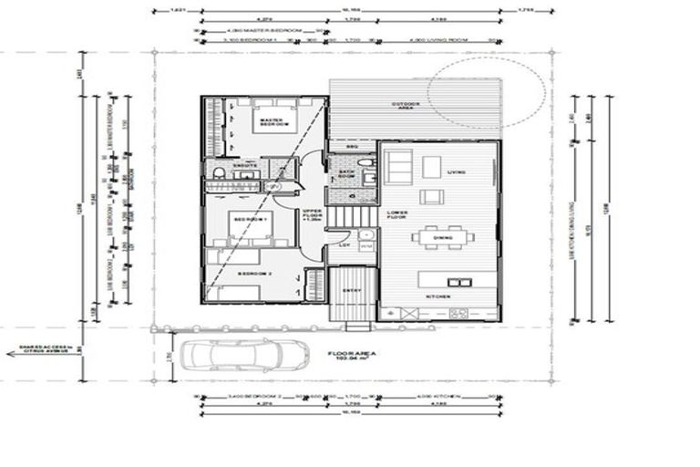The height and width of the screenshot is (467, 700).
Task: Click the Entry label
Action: pyautogui.click(x=351, y=291)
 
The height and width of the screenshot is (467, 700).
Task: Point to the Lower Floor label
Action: pyautogui.click(x=396, y=216)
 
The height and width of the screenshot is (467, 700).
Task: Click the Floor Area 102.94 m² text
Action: pyautogui.click(x=353, y=358)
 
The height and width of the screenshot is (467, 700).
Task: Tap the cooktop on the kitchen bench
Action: pyautogui.click(x=457, y=314)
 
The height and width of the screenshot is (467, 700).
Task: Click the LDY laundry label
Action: pyautogui.click(x=345, y=244)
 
